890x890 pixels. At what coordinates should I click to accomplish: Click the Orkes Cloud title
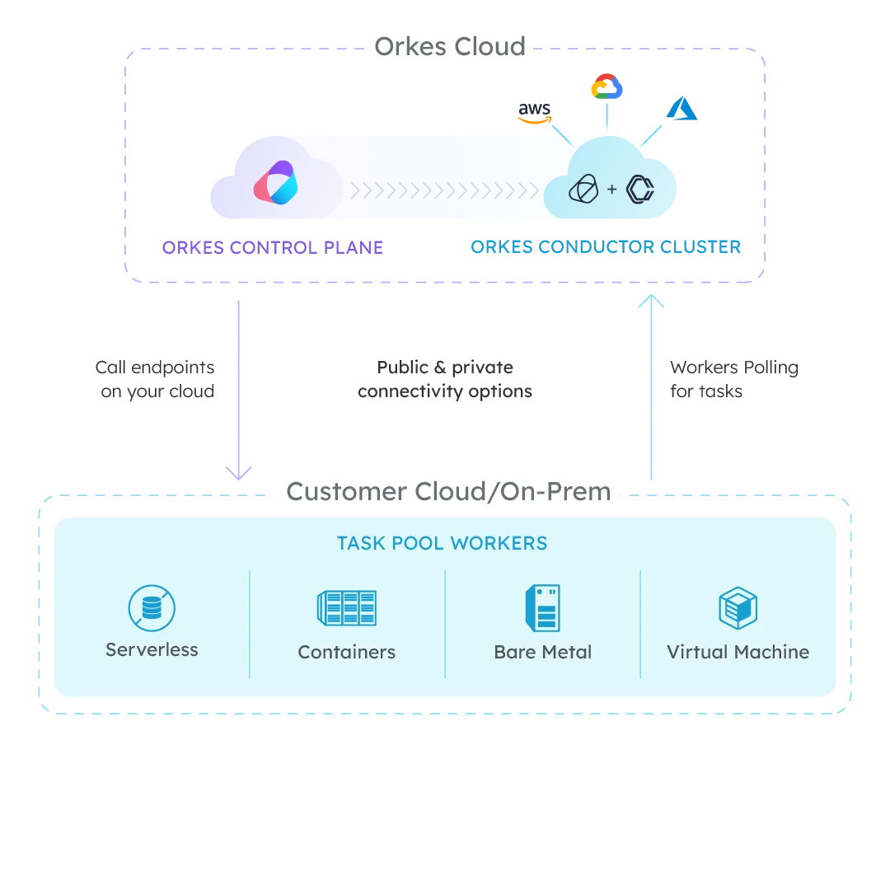tap(450, 46)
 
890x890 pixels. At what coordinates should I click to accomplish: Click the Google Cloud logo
tap(607, 87)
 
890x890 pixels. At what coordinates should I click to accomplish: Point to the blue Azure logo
tap(682, 110)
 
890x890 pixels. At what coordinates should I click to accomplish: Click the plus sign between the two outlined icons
tap(611, 190)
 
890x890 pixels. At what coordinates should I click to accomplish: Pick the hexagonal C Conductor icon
tap(639, 190)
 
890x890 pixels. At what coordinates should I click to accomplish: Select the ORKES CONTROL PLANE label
tap(271, 247)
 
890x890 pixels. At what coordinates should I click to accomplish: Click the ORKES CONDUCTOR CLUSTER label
tap(606, 247)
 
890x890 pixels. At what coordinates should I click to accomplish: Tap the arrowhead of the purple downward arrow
tap(241, 471)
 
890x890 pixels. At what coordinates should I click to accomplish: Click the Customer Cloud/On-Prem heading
tap(448, 492)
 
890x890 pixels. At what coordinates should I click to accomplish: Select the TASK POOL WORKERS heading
tap(443, 544)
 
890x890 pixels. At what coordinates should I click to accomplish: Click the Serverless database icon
tap(152, 608)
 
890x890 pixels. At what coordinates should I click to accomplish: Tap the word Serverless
tap(152, 649)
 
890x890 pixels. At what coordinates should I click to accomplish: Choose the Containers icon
tap(347, 608)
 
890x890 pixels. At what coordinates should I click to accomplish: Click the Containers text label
tap(347, 652)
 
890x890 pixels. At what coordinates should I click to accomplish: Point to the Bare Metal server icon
tap(542, 608)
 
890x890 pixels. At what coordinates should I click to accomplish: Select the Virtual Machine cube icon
tap(738, 608)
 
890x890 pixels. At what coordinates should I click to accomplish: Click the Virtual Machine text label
tap(738, 652)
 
